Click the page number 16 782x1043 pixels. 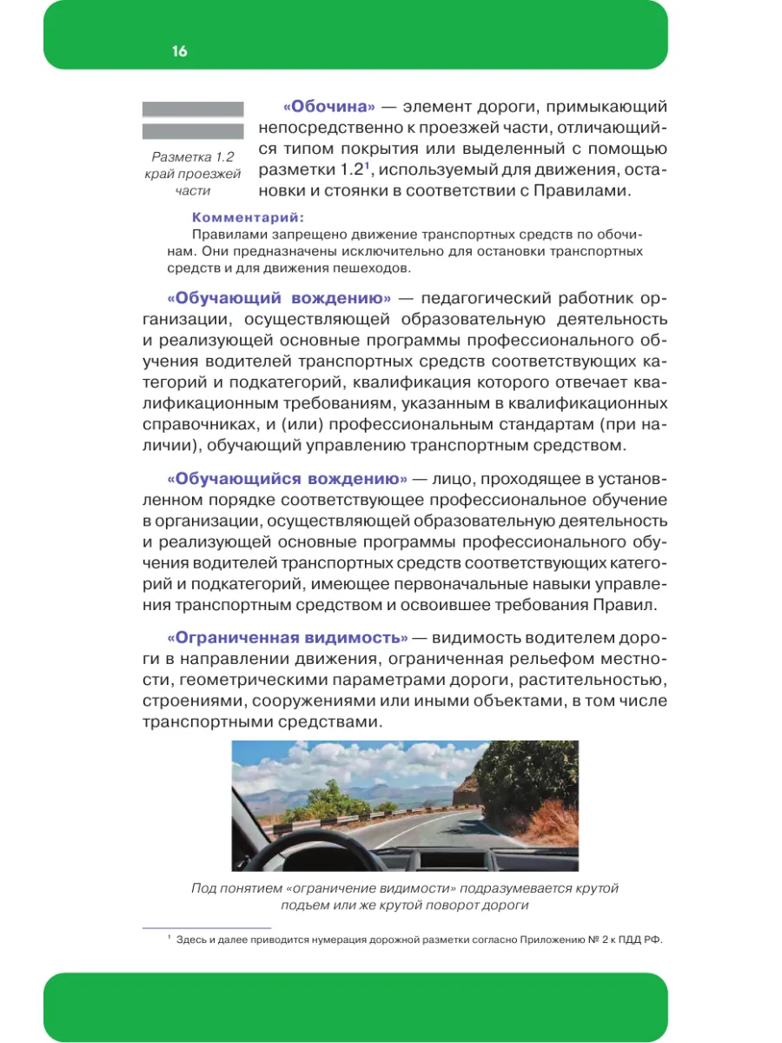pos(179,51)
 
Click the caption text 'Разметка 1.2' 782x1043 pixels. pos(193,157)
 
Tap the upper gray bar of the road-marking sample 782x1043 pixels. pos(192,110)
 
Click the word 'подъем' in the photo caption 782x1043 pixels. pos(309,905)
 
